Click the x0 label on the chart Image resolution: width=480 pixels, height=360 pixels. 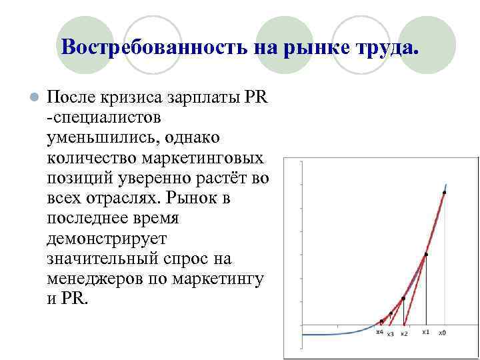coord(442,332)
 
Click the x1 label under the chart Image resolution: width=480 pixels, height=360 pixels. coord(425,331)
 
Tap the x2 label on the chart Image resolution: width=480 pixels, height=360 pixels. coord(404,333)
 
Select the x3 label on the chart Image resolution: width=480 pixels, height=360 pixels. coord(390,333)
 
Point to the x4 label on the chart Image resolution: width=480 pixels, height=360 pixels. coord(379,331)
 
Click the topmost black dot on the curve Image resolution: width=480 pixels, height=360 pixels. coord(444,193)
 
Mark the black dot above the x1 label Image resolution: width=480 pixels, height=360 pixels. coord(426,254)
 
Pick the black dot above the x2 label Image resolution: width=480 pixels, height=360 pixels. coord(403,299)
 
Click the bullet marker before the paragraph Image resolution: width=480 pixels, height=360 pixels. coord(33,97)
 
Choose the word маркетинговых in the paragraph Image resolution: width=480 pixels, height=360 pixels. coord(202,158)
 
